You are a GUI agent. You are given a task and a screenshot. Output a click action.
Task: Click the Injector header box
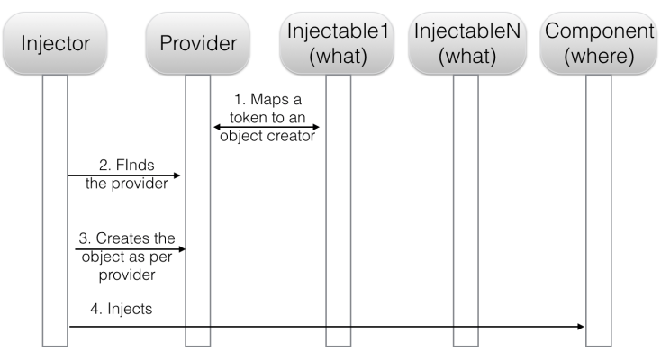click(56, 43)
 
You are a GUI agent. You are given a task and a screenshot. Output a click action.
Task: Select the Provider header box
click(198, 43)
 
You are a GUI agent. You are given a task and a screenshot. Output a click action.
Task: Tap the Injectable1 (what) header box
click(338, 43)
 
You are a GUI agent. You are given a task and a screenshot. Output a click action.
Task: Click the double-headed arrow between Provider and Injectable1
click(267, 127)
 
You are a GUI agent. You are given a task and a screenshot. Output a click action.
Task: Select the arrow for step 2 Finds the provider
click(126, 176)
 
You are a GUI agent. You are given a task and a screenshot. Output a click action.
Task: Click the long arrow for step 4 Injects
click(324, 327)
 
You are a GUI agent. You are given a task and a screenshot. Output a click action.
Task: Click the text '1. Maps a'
click(267, 97)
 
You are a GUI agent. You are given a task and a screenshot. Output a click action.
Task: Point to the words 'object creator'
click(267, 138)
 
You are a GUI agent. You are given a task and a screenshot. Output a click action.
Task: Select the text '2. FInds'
click(127, 165)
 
